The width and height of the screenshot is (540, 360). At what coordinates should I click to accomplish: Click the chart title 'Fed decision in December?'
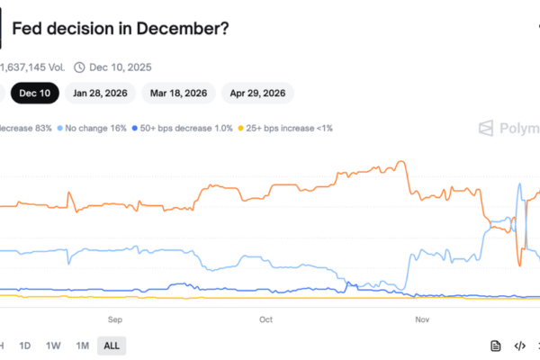(x=121, y=29)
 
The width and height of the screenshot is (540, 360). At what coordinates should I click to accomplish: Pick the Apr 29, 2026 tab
(x=256, y=92)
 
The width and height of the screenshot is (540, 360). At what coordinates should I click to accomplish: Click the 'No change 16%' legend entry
(x=94, y=129)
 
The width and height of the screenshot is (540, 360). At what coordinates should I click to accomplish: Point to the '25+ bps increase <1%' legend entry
(x=285, y=129)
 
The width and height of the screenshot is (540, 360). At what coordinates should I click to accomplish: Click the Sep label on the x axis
(x=115, y=319)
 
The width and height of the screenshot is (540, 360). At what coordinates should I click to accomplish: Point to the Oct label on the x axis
(x=265, y=319)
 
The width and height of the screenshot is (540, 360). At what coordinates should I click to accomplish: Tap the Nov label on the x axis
(x=421, y=319)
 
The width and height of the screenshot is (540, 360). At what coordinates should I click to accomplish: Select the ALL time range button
(x=112, y=346)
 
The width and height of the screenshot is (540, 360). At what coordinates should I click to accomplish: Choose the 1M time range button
(x=82, y=346)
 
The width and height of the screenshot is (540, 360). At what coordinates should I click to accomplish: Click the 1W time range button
(x=53, y=346)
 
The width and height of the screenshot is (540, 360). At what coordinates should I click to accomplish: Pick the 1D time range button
(x=25, y=346)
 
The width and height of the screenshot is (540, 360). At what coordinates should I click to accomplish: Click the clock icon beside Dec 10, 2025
(x=79, y=66)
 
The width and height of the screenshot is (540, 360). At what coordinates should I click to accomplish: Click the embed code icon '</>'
(x=519, y=346)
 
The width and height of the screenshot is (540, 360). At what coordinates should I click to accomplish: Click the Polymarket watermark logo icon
(x=486, y=128)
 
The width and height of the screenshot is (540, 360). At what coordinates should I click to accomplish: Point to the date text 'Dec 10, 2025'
(x=121, y=66)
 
